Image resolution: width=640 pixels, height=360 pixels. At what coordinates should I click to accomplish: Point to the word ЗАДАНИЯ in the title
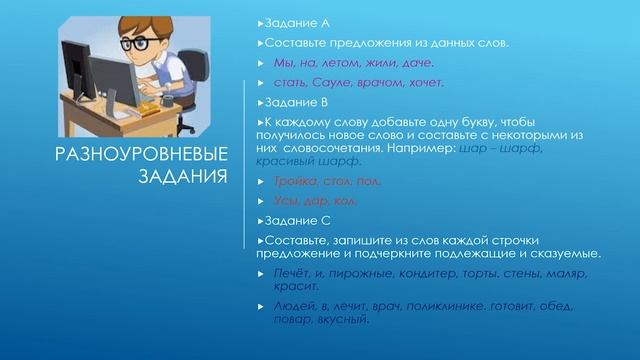(x=176, y=177)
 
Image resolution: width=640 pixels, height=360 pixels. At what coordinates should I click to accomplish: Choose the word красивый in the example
(x=286, y=160)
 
